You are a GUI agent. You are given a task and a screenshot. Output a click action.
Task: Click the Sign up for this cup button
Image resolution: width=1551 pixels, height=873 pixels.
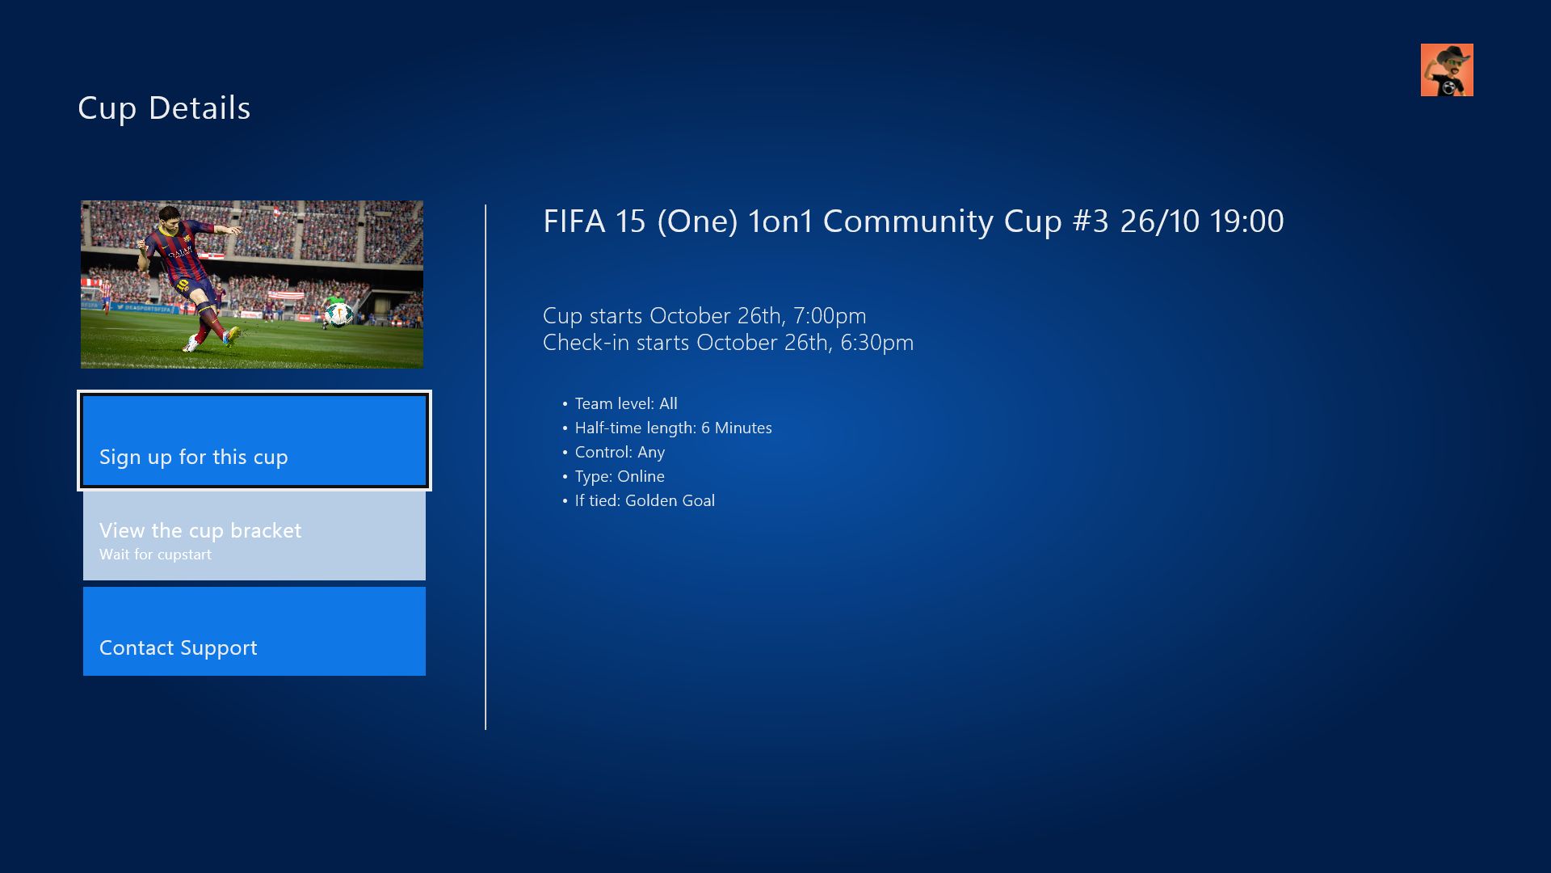pos(254,441)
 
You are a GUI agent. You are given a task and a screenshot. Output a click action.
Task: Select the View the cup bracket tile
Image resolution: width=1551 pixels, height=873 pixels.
pos(254,536)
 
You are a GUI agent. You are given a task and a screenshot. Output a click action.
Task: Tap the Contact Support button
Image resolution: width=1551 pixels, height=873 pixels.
pos(254,631)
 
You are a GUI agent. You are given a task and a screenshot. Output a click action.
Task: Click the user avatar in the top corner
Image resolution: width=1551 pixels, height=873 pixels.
pos(1447,70)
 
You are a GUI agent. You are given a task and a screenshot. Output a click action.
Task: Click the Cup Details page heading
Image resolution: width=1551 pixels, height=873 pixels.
pos(164,108)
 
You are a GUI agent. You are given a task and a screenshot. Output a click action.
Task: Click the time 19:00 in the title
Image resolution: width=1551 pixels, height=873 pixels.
pos(1246,221)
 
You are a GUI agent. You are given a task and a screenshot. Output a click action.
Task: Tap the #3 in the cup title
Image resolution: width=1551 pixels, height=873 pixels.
pos(1091,221)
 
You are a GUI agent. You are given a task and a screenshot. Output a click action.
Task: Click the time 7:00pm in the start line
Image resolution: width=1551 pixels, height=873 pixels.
pos(830,315)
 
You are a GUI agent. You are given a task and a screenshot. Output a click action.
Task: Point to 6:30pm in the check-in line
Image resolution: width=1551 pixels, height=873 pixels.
pos(877,343)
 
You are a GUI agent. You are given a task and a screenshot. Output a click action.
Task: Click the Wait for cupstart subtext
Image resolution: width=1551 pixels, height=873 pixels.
pos(155,555)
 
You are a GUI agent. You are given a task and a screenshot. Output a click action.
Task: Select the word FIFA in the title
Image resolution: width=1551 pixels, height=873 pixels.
pos(574,221)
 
